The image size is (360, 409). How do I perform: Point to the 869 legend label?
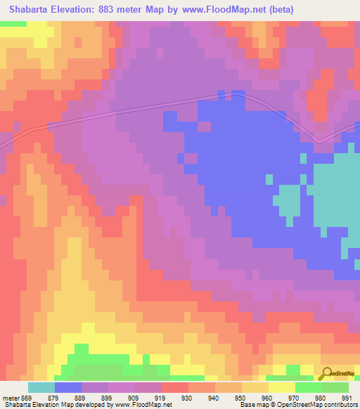click(27, 397)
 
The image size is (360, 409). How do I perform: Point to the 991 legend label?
click(348, 397)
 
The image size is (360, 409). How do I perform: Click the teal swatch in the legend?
click(41, 387)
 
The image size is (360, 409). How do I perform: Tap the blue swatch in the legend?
click(68, 387)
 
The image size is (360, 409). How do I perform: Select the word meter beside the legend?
click(10, 397)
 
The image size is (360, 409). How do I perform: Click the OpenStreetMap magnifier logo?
click(326, 373)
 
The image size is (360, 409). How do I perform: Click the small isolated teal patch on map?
click(286, 200)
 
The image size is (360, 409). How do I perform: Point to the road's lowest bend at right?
click(319, 141)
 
